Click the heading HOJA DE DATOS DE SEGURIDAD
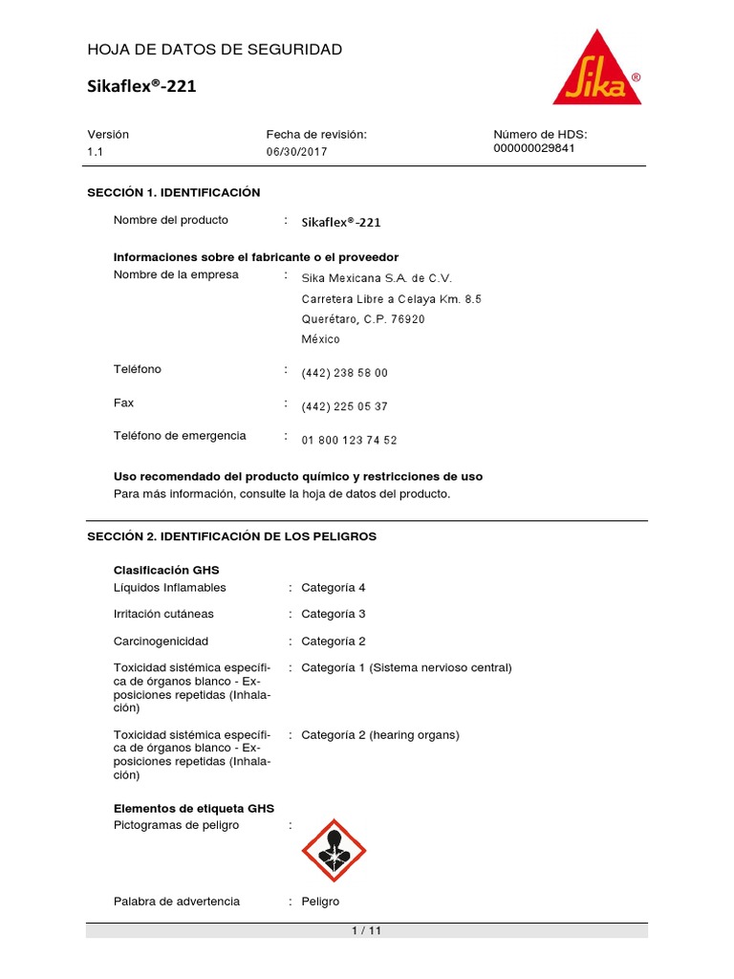pyautogui.click(x=214, y=49)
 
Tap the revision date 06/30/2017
pyautogui.click(x=296, y=152)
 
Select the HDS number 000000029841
pyautogui.click(x=533, y=148)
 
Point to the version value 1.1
pyautogui.click(x=95, y=152)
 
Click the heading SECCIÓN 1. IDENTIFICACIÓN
pyautogui.click(x=173, y=192)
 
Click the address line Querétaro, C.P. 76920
pyautogui.click(x=363, y=319)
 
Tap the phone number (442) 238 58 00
pyautogui.click(x=344, y=373)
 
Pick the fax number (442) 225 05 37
pyautogui.click(x=344, y=406)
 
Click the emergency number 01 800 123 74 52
pyautogui.click(x=349, y=441)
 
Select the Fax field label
pyautogui.click(x=123, y=403)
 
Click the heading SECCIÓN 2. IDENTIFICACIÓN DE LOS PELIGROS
pyautogui.click(x=231, y=536)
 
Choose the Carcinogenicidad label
pyautogui.click(x=161, y=641)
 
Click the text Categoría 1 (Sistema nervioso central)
pyautogui.click(x=406, y=667)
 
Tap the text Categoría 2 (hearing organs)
pyautogui.click(x=379, y=735)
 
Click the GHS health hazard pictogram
pyautogui.click(x=334, y=850)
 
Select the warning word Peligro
pyautogui.click(x=319, y=902)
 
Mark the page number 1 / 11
pyautogui.click(x=367, y=931)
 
